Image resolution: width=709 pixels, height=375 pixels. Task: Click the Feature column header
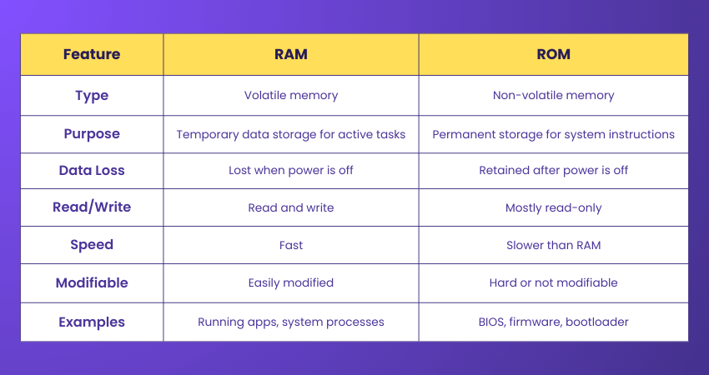pyautogui.click(x=92, y=55)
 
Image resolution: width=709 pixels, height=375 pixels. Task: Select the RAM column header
pyautogui.click(x=291, y=55)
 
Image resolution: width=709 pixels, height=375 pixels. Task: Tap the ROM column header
pyautogui.click(x=553, y=55)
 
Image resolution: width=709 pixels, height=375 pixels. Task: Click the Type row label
pyautogui.click(x=92, y=95)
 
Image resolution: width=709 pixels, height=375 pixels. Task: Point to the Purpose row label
pyautogui.click(x=92, y=133)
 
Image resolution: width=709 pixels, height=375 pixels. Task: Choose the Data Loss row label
pyautogui.click(x=92, y=170)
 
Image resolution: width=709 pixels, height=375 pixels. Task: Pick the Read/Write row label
pyautogui.click(x=92, y=207)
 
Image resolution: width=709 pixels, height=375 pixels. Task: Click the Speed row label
pyautogui.click(x=92, y=245)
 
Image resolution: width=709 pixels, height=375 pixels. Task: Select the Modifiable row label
pyautogui.click(x=92, y=282)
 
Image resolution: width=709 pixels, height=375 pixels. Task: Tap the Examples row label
pyautogui.click(x=92, y=322)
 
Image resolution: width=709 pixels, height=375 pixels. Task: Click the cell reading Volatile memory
pyautogui.click(x=291, y=95)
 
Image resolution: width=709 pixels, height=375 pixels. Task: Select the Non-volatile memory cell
pyautogui.click(x=553, y=95)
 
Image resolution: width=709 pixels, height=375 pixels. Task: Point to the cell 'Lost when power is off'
pyautogui.click(x=291, y=170)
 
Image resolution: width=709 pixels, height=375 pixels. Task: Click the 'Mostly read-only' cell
pyautogui.click(x=553, y=207)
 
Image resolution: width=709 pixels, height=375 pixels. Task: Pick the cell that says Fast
pyautogui.click(x=291, y=245)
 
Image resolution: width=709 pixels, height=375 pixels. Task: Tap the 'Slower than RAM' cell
pyautogui.click(x=553, y=245)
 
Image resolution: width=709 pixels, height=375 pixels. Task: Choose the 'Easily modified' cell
pyautogui.click(x=291, y=282)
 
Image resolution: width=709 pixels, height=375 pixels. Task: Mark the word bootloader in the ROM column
pyautogui.click(x=598, y=322)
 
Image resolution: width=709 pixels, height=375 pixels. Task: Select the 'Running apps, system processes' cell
pyautogui.click(x=291, y=322)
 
